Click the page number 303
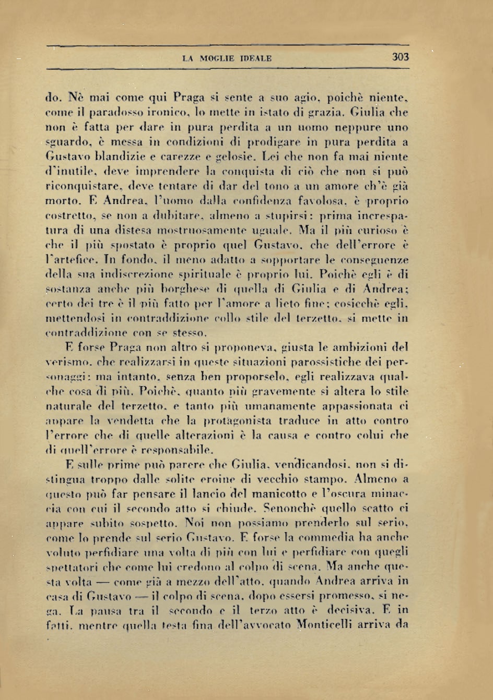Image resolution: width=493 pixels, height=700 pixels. [400, 57]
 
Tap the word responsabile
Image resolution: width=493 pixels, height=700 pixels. [174, 450]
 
